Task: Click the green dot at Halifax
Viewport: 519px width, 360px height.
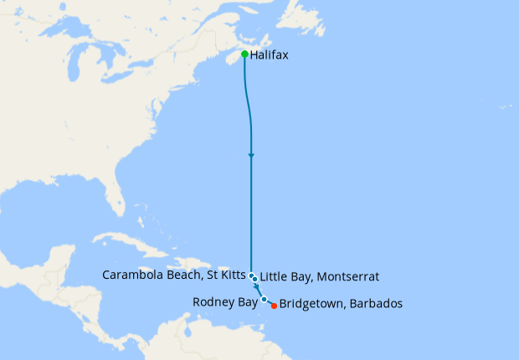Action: [244, 54]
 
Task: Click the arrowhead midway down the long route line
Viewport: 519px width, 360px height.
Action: [251, 157]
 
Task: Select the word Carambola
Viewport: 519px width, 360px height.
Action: [131, 275]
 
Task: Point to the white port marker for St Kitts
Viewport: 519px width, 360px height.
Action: [251, 275]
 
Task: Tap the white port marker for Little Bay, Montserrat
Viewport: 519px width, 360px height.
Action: [254, 279]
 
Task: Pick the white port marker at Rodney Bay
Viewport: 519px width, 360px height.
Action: [264, 299]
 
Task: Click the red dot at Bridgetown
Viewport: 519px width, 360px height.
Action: [274, 306]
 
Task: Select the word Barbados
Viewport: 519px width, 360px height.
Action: [376, 304]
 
